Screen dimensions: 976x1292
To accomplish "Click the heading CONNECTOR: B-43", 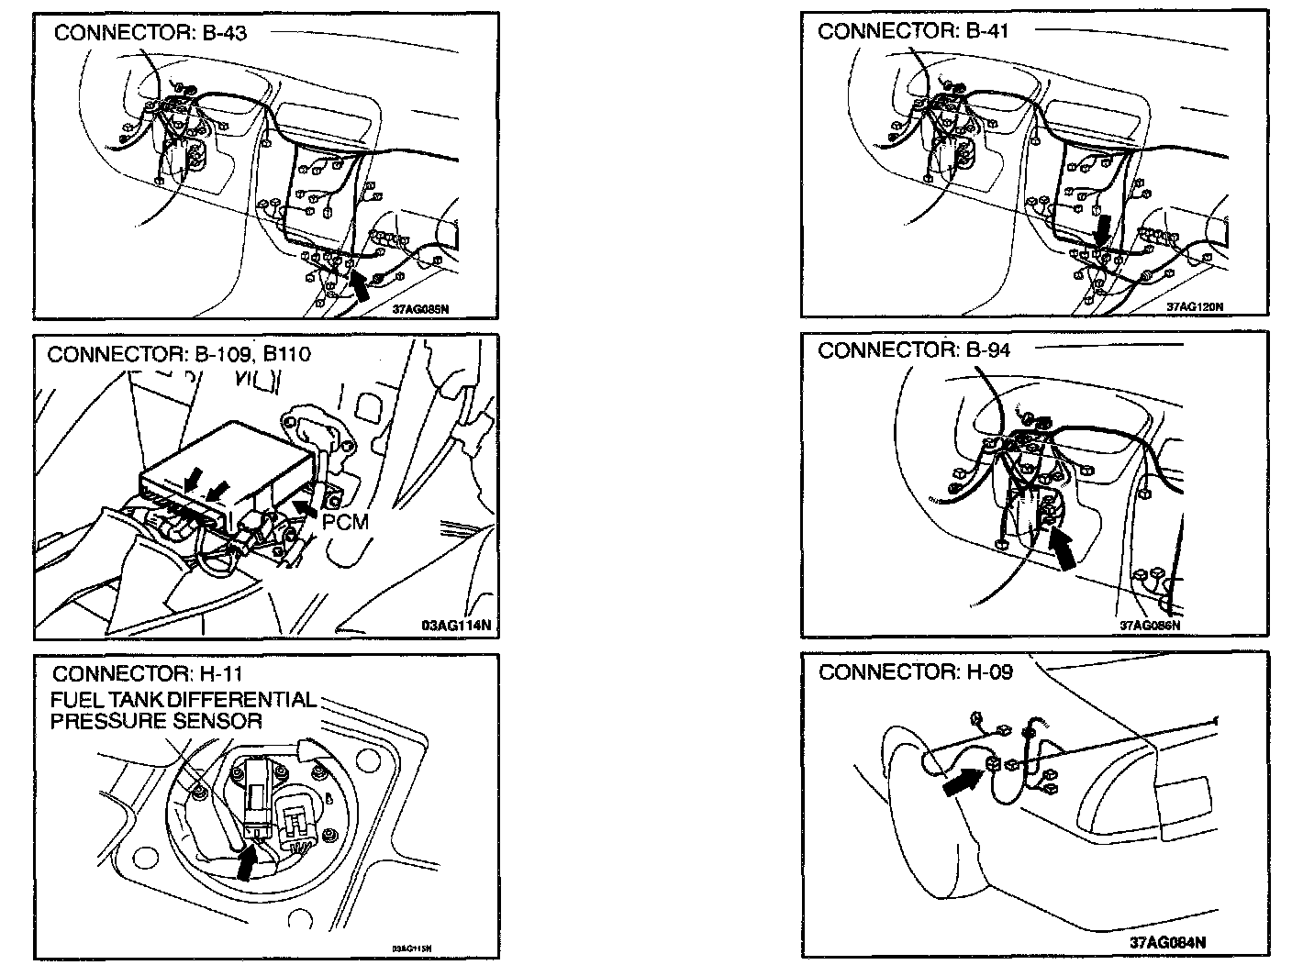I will tap(150, 33).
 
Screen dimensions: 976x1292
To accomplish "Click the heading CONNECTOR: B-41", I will tap(913, 31).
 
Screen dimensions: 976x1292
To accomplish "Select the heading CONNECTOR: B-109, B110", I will tap(179, 354).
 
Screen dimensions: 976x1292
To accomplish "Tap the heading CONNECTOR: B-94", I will tap(914, 349).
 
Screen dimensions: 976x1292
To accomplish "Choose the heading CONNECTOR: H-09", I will tap(915, 672).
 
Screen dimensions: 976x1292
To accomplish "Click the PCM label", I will tap(345, 522).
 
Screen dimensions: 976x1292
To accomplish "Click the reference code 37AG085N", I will tap(420, 309).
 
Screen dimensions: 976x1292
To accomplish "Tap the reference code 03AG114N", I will tap(456, 627).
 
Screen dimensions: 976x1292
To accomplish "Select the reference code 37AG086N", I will tap(1149, 626).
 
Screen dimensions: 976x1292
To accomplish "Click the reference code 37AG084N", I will tap(1169, 942).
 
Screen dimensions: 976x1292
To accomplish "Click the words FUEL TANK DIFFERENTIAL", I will tap(183, 700).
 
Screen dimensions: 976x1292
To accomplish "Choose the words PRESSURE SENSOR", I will tap(155, 721).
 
